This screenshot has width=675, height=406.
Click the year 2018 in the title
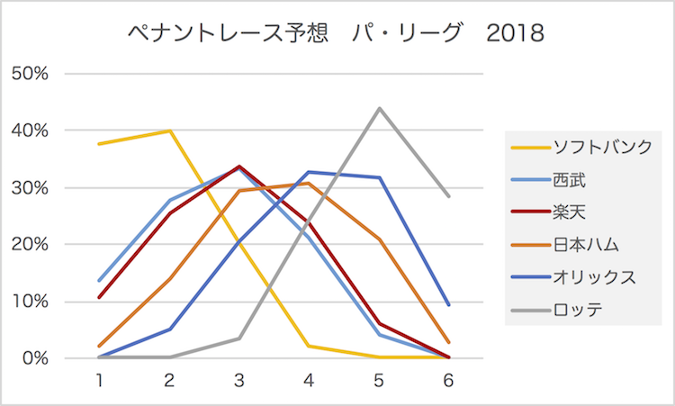515,35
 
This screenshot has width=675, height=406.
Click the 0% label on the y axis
33,358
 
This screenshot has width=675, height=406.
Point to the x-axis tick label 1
99,381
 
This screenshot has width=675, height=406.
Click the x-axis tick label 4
309,381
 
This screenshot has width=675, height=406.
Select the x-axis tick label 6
448,381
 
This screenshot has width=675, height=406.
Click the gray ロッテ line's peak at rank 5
379,108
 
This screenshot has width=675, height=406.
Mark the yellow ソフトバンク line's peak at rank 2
169,131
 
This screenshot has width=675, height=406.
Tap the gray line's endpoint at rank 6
448,196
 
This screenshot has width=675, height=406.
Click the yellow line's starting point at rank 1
99,144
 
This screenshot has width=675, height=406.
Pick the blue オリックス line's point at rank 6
448,305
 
